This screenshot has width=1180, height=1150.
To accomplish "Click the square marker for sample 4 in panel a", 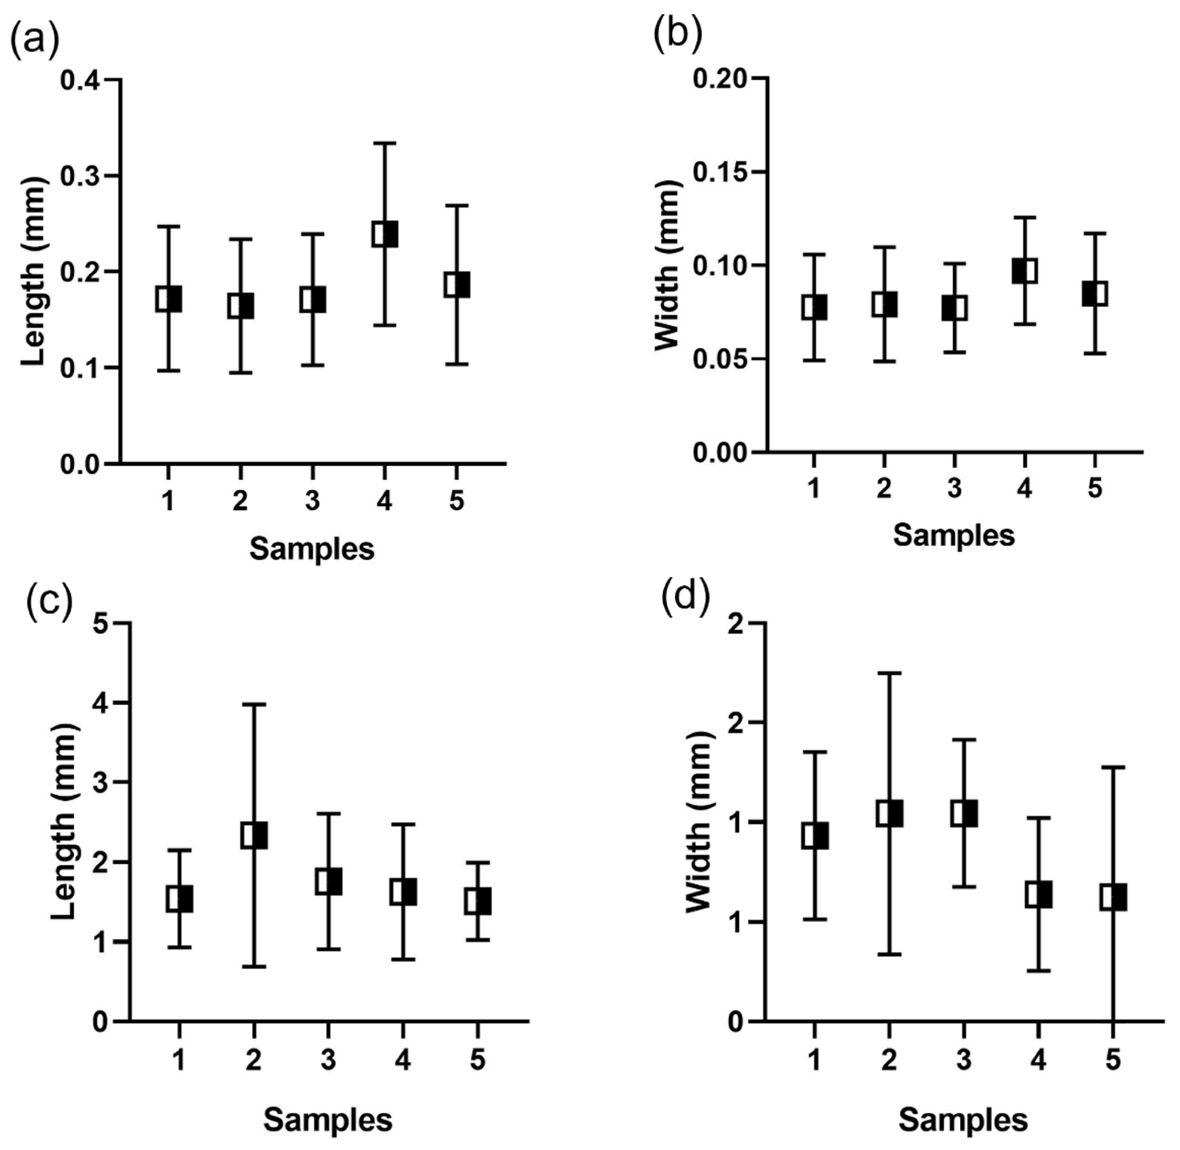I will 385,234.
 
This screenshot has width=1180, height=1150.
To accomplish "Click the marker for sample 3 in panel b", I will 955,308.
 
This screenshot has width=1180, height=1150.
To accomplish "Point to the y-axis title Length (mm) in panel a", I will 33,271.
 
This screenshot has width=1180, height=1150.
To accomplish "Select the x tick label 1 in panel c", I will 179,1060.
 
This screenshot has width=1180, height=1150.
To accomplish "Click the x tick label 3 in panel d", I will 964,1060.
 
